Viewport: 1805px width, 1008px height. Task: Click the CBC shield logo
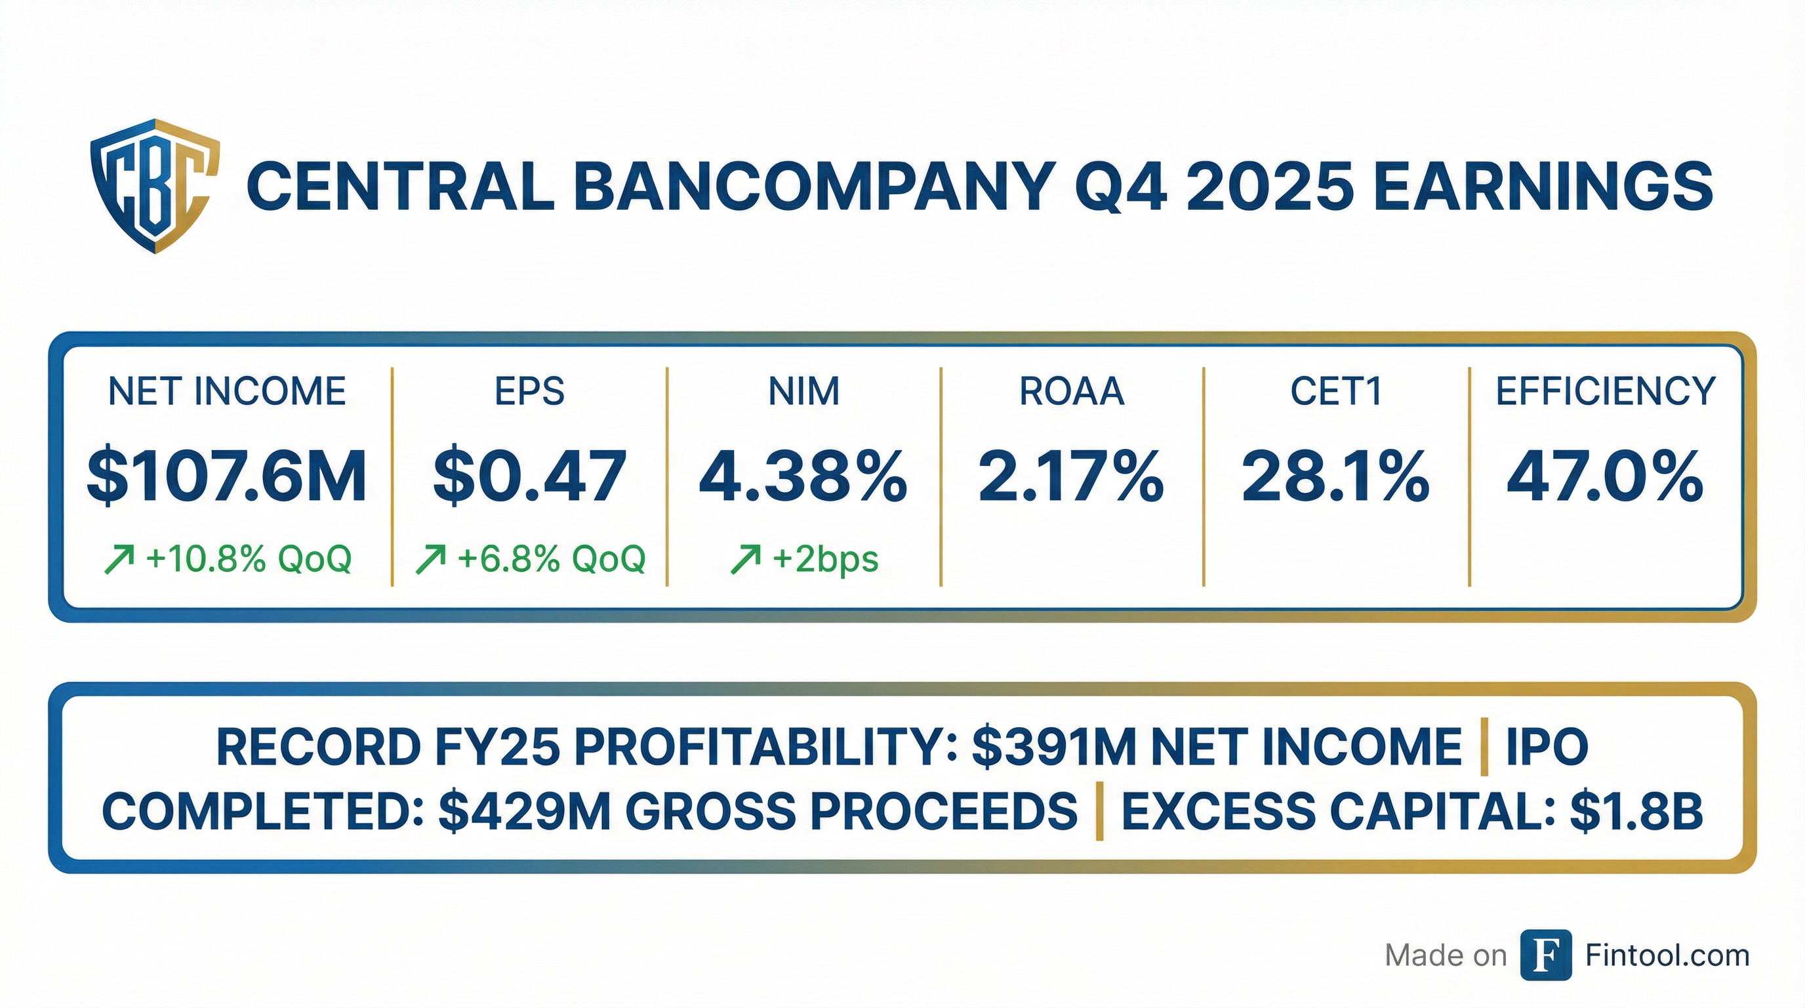[x=155, y=186]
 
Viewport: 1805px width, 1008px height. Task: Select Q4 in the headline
[x=1121, y=186]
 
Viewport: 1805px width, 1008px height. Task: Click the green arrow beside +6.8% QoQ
[x=430, y=560]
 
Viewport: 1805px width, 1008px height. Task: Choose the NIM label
[x=803, y=391]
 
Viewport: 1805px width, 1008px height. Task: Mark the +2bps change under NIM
[x=825, y=559]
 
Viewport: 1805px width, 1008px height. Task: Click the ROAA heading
[x=1071, y=391]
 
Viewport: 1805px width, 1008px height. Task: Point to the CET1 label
[x=1336, y=391]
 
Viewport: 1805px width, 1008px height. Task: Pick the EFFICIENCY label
[x=1606, y=391]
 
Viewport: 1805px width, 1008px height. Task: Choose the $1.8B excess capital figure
[x=1636, y=812]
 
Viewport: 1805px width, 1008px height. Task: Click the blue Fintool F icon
[x=1546, y=955]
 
